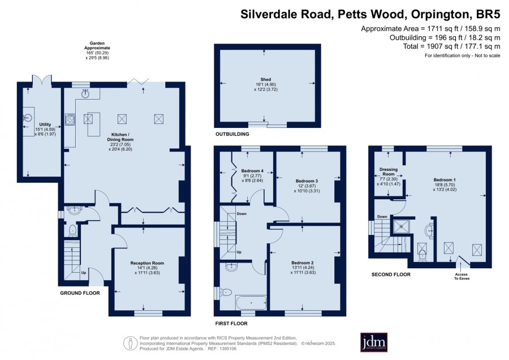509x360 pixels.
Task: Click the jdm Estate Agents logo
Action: coord(374,342)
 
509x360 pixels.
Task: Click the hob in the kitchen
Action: coord(70,119)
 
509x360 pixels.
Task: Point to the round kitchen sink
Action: coord(86,94)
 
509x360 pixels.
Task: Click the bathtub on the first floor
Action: coord(251,302)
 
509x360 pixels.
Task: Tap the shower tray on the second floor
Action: coord(401,226)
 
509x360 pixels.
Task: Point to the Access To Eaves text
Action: coord(461,276)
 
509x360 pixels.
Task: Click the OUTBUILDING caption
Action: coord(232,134)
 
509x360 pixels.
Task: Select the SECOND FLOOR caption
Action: coord(391,275)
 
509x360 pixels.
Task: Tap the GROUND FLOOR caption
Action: coord(80,293)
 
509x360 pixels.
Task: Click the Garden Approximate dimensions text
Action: coord(97,50)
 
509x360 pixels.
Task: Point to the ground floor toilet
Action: coord(73,230)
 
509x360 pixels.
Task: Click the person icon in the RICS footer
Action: coord(131,343)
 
